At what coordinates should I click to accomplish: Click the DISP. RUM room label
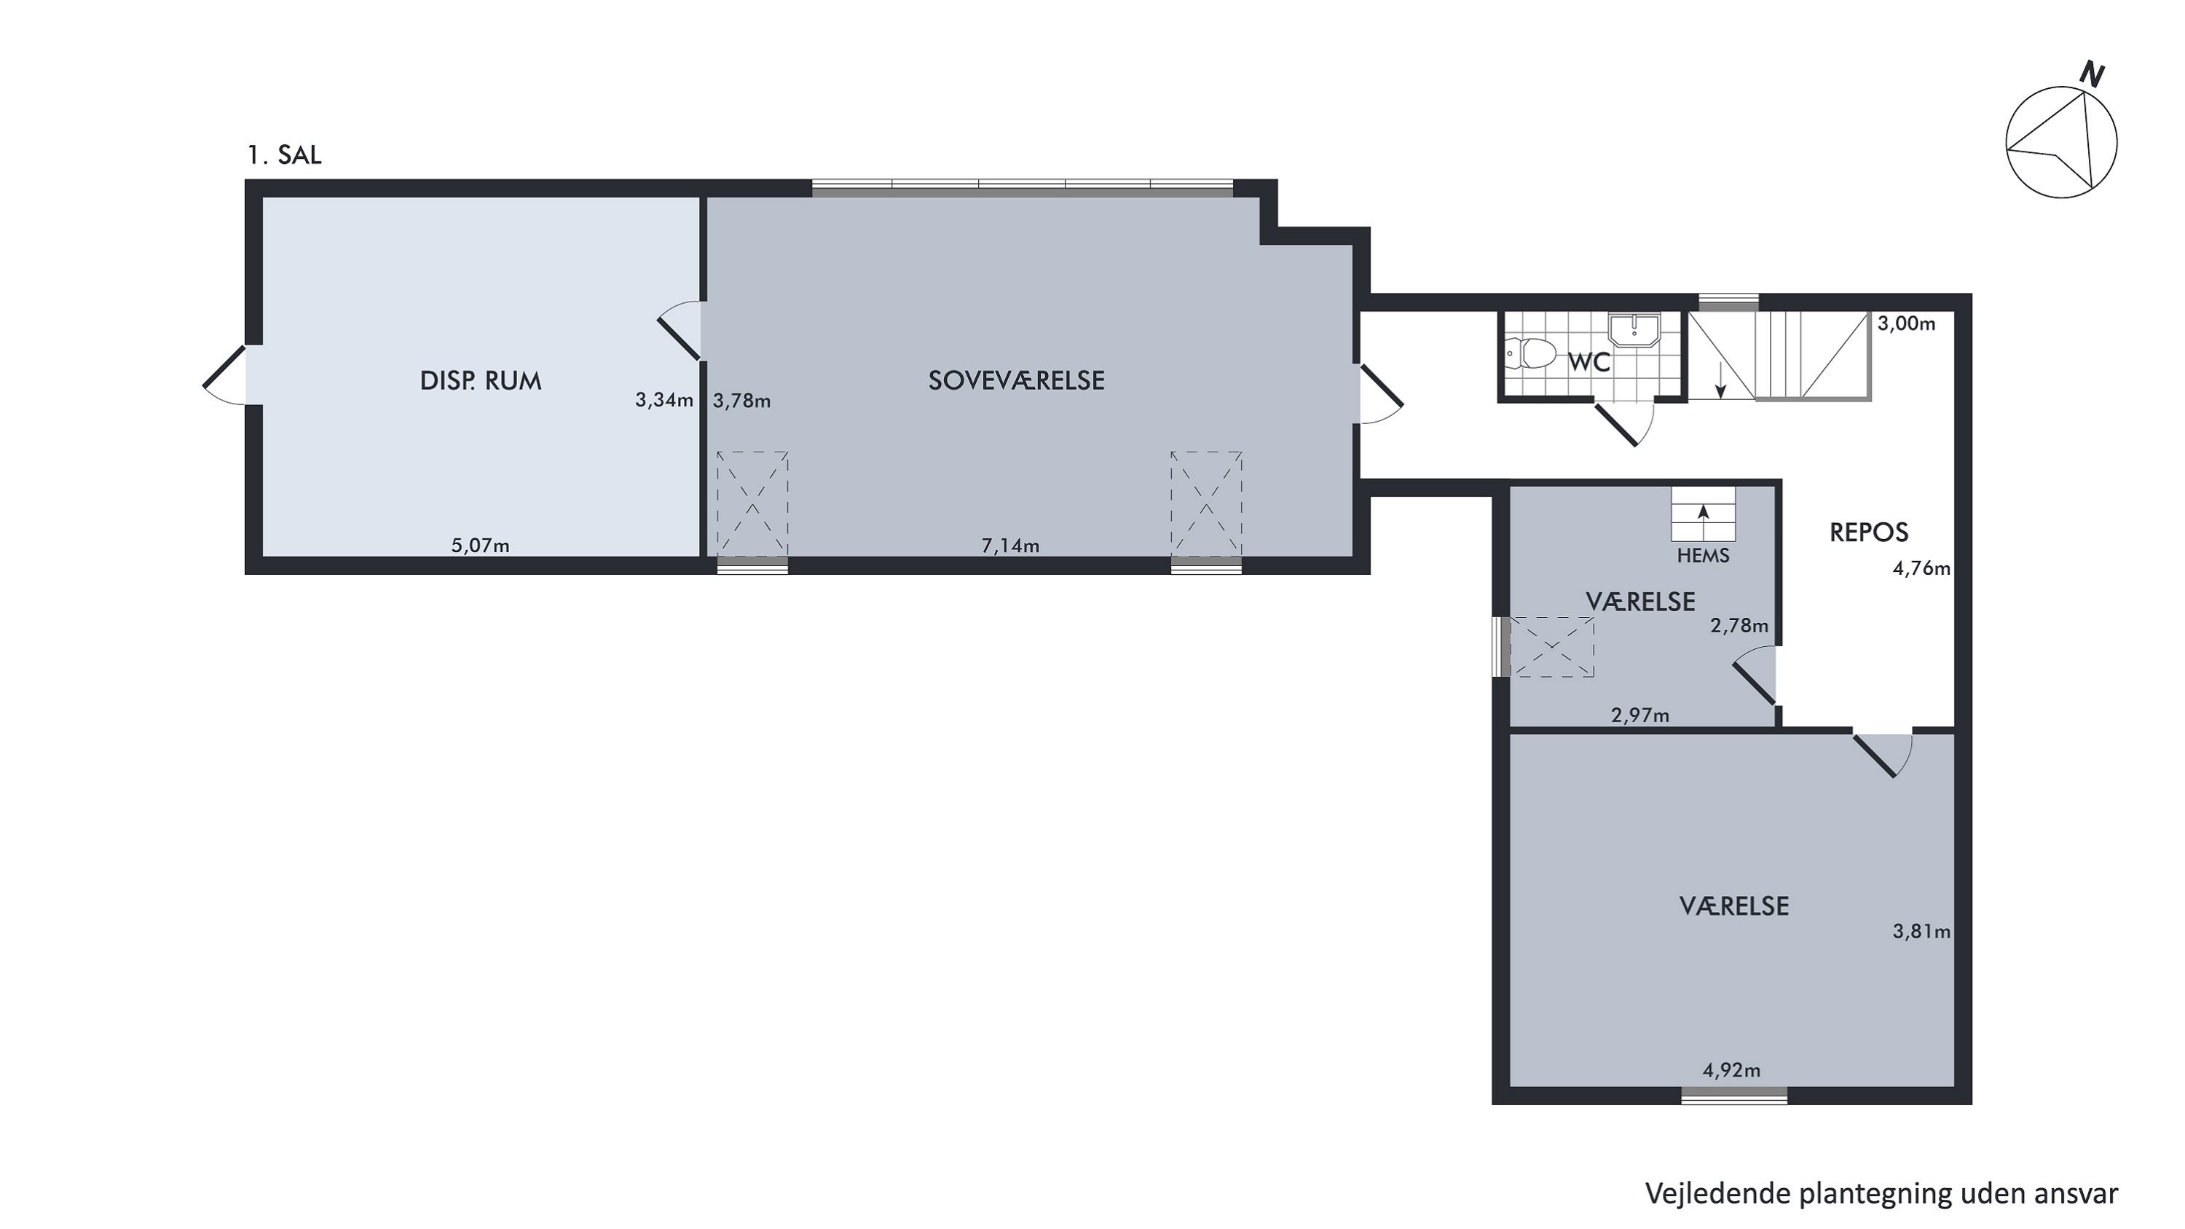point(480,381)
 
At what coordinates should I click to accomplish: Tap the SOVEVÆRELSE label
point(1016,381)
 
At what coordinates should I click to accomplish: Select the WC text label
point(1588,362)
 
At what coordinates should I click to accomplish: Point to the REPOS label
point(1869,533)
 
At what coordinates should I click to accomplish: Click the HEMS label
point(1704,556)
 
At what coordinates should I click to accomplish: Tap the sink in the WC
point(1634,329)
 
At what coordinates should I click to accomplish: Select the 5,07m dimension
point(480,546)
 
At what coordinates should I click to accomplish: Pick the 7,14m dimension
point(1010,546)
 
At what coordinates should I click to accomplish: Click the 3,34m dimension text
point(664,399)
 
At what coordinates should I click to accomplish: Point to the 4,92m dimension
point(1731,1070)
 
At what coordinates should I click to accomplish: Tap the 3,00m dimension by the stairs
point(1907,323)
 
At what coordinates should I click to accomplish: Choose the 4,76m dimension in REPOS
point(1922,568)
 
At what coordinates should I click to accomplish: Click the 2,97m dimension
point(1640,715)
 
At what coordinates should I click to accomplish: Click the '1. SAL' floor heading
point(284,155)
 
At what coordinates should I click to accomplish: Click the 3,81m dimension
point(1922,931)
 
